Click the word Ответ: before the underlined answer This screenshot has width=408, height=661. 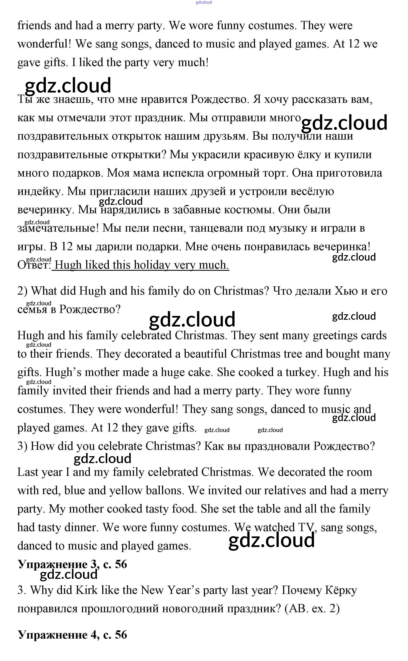coord(34,265)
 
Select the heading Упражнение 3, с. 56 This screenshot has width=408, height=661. coord(72,564)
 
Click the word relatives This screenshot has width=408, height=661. coord(285,491)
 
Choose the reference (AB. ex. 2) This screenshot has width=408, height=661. coord(312,609)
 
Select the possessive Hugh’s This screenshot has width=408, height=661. coord(63,373)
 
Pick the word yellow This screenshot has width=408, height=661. coord(126,491)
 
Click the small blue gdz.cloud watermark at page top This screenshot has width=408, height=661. coord(204,2)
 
